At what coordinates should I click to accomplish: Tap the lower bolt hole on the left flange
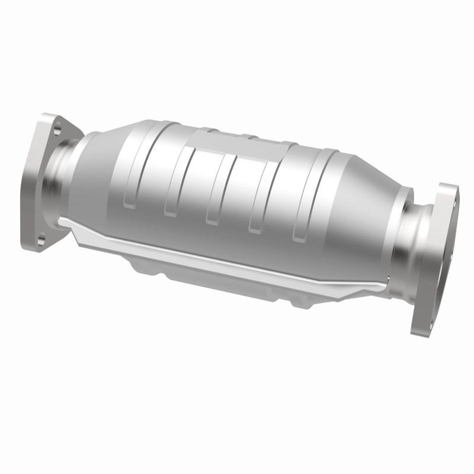pyautogui.click(x=41, y=239)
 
